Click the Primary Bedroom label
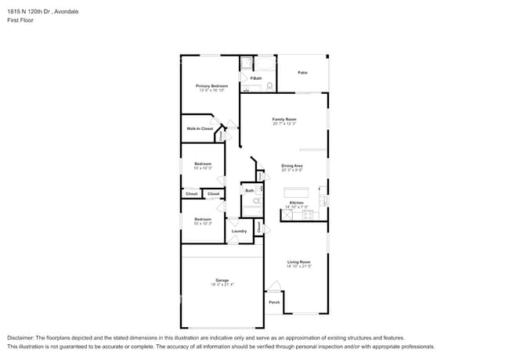211,85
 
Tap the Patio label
302,73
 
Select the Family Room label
284,119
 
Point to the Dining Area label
292,165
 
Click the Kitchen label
296,203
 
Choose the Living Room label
298,262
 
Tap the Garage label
222,280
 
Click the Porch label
274,302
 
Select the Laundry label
240,231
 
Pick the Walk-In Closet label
199,128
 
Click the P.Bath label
256,78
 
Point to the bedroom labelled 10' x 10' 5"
203,165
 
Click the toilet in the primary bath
269,86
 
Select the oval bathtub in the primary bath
265,62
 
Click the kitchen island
296,192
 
